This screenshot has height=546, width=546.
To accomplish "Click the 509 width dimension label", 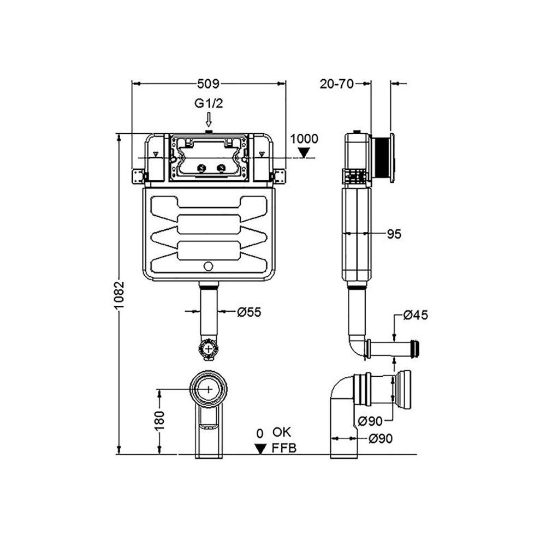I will click(208, 84).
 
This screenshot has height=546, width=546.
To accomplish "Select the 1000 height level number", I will click(304, 139).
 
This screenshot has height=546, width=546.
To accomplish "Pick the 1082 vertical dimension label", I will click(120, 295).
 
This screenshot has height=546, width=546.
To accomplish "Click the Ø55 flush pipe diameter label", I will click(249, 312).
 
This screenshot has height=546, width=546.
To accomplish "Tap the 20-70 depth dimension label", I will click(336, 84).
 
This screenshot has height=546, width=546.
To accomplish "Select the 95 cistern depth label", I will click(394, 234).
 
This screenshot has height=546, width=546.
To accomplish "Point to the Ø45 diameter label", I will click(416, 315).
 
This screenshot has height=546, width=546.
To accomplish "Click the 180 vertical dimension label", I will click(159, 420).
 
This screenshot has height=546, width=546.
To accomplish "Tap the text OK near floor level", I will click(282, 432).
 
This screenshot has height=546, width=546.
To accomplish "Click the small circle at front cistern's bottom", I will click(208, 266).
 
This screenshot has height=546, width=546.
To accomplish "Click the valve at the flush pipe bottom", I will click(209, 348).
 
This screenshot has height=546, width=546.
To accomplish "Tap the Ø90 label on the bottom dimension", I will click(381, 438).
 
